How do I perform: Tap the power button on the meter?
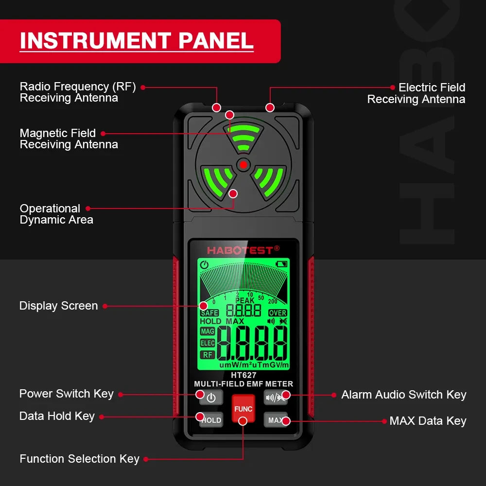click(211, 398)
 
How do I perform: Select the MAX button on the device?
click(276, 420)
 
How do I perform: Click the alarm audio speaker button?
click(276, 397)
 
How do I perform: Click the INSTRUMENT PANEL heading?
click(137, 41)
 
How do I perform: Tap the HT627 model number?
click(243, 375)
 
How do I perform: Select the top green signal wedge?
click(243, 138)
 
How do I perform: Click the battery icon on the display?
click(281, 264)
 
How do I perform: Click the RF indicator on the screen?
click(208, 355)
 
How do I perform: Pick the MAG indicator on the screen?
click(208, 331)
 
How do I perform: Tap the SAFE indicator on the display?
click(209, 313)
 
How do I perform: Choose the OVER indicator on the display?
click(278, 313)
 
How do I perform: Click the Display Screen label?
click(58, 306)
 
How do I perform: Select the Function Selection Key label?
click(79, 459)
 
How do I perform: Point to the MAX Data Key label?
click(428, 421)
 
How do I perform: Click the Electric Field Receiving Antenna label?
click(417, 93)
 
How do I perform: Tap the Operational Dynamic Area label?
click(56, 214)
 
